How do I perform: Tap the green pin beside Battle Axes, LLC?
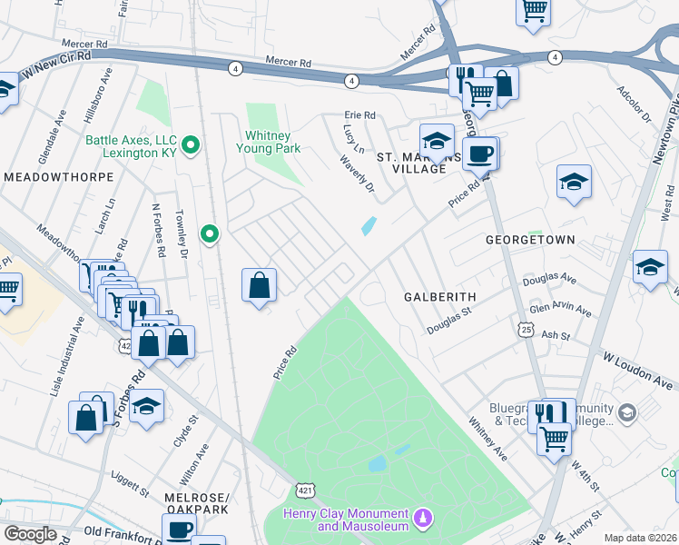point(191,144)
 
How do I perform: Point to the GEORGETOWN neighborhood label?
point(530,241)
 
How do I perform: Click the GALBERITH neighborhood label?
point(439,297)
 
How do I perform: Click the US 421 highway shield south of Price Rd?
point(305,490)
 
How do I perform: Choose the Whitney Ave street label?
point(487,437)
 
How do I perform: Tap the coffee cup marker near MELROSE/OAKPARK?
point(179,528)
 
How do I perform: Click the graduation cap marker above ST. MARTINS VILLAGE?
point(437,140)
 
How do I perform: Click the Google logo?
point(31,534)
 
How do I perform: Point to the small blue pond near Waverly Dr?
point(369,225)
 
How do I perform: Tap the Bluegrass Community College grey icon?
point(626,414)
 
